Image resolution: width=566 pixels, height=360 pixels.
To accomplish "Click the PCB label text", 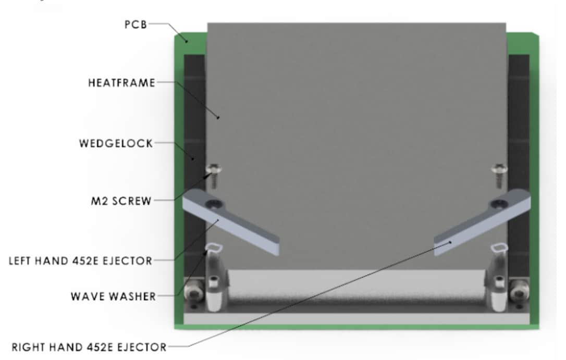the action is pyautogui.click(x=136, y=24).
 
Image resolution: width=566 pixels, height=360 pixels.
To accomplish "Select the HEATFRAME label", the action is pyautogui.click(x=121, y=83).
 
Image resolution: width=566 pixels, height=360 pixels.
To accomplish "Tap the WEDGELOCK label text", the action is pyautogui.click(x=116, y=144).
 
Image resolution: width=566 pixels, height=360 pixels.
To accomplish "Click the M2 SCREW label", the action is pyautogui.click(x=121, y=201).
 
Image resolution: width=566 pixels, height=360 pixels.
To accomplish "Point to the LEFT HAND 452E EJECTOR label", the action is pyautogui.click(x=80, y=261).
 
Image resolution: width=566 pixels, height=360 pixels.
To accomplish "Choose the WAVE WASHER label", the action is pyautogui.click(x=113, y=296).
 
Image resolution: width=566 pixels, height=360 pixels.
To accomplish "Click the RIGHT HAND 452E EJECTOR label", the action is pyautogui.click(x=89, y=347).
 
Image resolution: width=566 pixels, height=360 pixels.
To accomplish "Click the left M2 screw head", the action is pyautogui.click(x=213, y=168).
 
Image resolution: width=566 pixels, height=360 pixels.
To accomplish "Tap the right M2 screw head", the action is pyautogui.click(x=500, y=168).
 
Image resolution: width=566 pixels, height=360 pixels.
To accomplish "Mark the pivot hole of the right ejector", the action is pyautogui.click(x=499, y=204).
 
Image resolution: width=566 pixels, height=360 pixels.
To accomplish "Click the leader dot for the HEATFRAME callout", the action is pyautogui.click(x=218, y=117).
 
